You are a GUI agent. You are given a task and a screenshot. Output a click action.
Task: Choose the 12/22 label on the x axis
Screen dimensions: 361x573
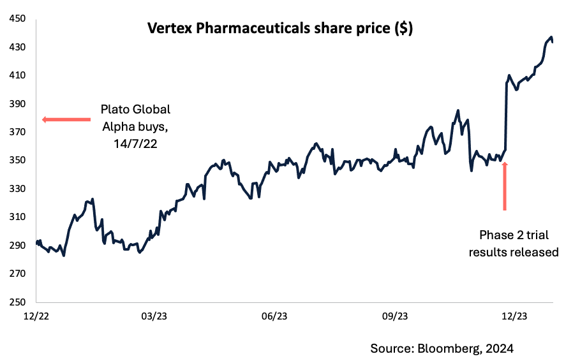36,316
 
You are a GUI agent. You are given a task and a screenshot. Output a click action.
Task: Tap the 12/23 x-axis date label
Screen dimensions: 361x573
514,316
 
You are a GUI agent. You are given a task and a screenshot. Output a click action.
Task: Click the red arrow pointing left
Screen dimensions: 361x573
66,119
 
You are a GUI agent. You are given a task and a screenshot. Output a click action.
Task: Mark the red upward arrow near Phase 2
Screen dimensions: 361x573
505,186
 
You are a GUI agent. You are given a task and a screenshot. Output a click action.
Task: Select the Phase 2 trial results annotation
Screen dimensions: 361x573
514,242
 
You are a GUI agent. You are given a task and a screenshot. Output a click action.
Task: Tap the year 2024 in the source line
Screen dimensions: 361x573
499,348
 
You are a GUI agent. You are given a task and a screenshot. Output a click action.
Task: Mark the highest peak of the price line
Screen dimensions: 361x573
551,37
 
